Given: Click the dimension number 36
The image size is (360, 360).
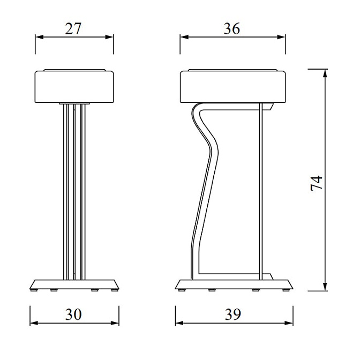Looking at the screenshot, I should point(231,29).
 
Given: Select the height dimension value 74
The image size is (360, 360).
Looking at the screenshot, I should point(317,183).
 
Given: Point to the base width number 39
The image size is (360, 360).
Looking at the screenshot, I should point(234,314).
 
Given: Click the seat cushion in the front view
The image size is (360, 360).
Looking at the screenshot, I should point(74,85).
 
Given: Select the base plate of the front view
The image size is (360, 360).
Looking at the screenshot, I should point(74,284).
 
